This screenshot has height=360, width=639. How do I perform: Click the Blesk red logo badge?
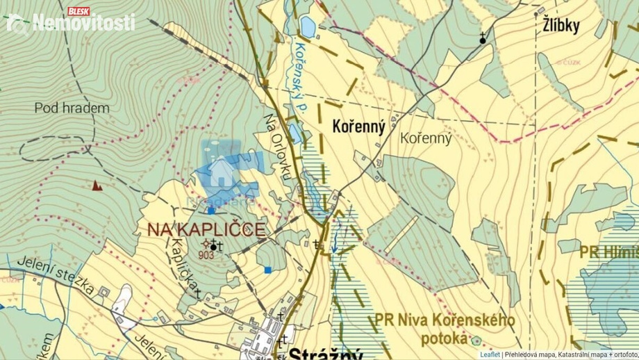tap(80, 11)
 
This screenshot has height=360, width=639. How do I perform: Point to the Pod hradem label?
tap(72, 108)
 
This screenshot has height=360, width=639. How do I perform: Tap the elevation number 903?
tap(206, 254)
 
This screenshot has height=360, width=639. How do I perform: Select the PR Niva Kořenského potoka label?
tap(445, 329)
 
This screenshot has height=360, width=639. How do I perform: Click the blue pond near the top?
tap(306, 27)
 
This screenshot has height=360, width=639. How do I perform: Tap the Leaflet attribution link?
tap(490, 354)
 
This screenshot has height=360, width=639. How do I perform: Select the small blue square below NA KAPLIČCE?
tap(268, 269)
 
